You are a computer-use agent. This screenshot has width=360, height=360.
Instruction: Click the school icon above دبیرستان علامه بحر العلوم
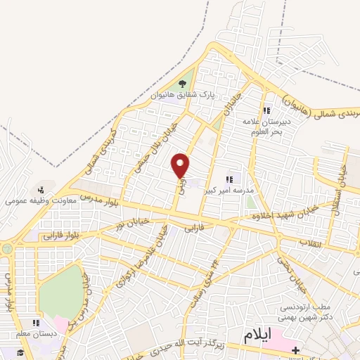tap(266, 110)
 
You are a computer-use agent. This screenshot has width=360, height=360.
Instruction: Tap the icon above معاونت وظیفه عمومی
tap(41, 189)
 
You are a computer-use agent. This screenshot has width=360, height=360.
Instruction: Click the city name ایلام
tap(257, 335)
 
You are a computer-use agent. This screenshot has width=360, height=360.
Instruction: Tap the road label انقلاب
tap(310, 243)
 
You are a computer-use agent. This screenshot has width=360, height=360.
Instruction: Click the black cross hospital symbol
tap(296, 349)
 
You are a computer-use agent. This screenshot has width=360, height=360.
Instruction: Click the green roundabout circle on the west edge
tap(8, 248)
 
